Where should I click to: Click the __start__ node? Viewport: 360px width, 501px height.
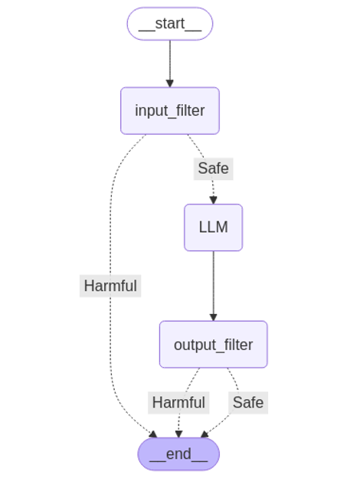(x=169, y=24)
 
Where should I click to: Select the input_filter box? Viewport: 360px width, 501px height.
(x=169, y=110)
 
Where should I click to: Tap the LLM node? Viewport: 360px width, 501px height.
(x=213, y=228)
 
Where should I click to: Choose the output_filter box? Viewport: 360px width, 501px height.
(x=213, y=345)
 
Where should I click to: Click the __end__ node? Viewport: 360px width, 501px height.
(x=178, y=454)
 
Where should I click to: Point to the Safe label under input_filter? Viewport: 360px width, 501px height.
(x=213, y=169)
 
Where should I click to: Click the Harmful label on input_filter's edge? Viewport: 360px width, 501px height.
(x=110, y=286)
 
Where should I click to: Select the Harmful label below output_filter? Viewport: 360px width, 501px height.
(x=178, y=402)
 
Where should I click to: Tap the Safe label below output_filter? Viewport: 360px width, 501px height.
(x=247, y=402)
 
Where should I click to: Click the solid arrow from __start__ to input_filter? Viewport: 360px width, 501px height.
(x=169, y=61)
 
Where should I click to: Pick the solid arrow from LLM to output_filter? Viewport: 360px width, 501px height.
(x=213, y=283)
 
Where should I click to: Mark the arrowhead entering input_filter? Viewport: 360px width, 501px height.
(x=169, y=83)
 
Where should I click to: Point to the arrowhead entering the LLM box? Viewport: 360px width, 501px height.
(x=213, y=201)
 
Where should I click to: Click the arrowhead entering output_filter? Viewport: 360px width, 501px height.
(x=213, y=317)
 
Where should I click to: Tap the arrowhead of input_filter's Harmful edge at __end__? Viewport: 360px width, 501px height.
(x=153, y=434)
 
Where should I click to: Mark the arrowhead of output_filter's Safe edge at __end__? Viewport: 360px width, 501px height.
(x=205, y=434)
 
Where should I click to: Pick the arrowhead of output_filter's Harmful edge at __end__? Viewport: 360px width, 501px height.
(x=178, y=434)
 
